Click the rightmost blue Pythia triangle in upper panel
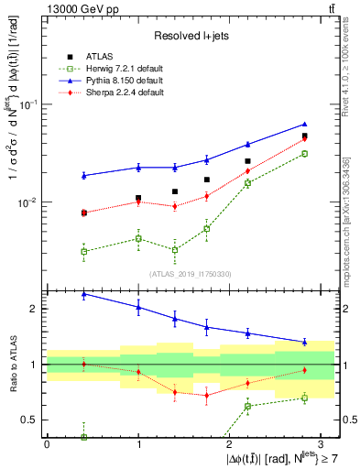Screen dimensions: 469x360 (304, 124)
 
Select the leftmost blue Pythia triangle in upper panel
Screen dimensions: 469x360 (83, 175)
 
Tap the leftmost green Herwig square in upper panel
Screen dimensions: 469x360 (83, 251)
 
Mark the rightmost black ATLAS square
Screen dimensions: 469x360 (304, 136)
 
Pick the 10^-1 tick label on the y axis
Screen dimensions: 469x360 (30, 104)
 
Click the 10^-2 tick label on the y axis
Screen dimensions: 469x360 (30, 202)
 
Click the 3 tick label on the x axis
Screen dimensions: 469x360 (321, 442)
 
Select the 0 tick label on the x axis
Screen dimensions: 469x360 (47, 442)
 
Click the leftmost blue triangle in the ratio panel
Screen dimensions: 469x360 (83, 294)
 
